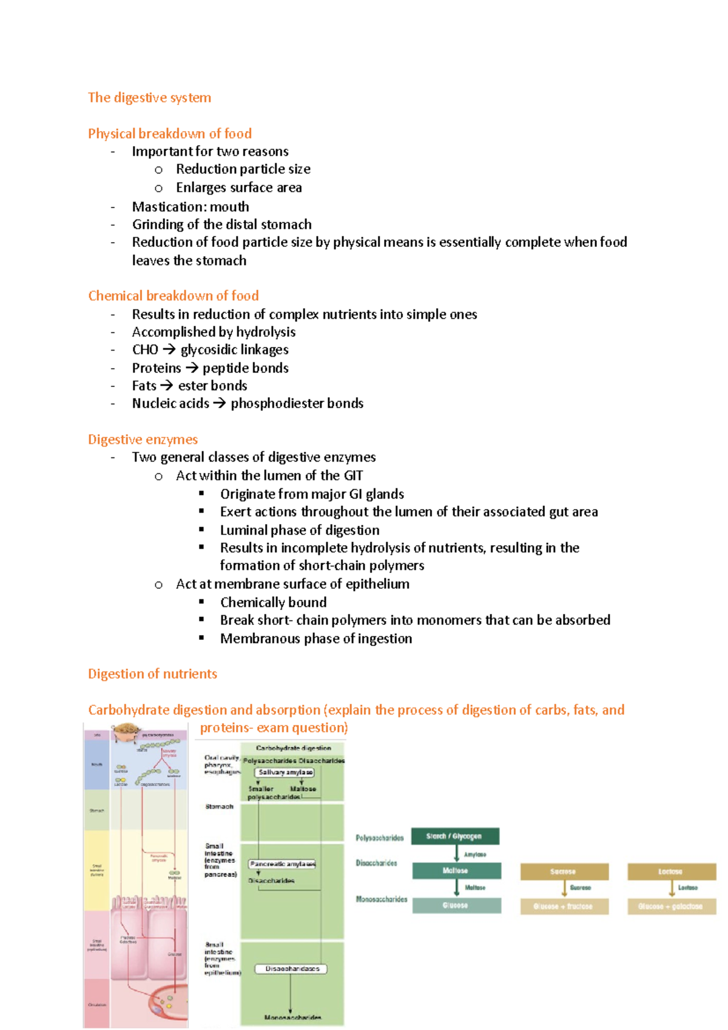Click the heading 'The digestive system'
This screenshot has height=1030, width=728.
[x=149, y=98]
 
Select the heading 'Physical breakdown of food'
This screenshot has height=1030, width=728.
[x=169, y=133]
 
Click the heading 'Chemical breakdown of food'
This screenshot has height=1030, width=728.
[x=173, y=296]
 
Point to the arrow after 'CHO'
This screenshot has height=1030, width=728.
[x=169, y=350]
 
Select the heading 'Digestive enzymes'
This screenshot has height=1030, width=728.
[x=143, y=439]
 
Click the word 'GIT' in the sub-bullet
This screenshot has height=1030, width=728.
[x=353, y=476]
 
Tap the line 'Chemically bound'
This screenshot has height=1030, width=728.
[x=273, y=602]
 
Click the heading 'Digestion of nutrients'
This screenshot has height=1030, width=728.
[x=152, y=674]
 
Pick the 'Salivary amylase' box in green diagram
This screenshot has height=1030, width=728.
[x=285, y=772]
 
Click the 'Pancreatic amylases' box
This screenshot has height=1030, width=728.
[x=282, y=864]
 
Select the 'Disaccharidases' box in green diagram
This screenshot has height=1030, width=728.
[x=291, y=969]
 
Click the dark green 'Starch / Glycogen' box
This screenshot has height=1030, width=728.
[x=455, y=836]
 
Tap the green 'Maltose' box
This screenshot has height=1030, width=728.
[x=456, y=870]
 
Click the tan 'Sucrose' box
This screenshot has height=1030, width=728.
[x=564, y=872]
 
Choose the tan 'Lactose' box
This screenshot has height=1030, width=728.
[x=671, y=872]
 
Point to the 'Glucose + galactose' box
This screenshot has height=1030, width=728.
[x=671, y=906]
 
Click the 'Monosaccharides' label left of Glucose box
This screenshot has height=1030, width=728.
[x=381, y=900]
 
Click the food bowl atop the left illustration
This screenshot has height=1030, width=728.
[x=126, y=733]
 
